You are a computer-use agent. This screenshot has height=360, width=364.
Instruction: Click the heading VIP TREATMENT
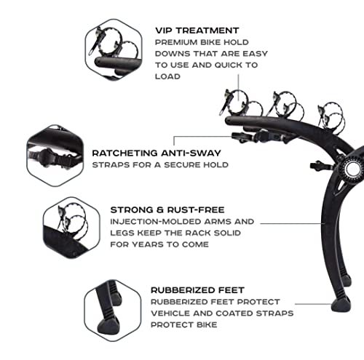coord(197,31)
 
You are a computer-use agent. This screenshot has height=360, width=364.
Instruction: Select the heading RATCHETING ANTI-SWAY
coord(157,153)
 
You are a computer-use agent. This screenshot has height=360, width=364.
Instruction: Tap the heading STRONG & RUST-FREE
coord(167,210)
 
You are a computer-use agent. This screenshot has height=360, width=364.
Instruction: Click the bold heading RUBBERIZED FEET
coord(197,290)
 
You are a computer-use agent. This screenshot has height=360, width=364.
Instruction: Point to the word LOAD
coord(167,76)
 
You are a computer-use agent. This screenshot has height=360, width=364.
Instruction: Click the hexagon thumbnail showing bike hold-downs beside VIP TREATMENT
coord(114,49)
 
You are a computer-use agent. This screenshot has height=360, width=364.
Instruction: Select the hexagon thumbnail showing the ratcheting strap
coord(55,156)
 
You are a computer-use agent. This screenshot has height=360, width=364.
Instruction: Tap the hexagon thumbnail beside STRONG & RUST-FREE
coord(71,228)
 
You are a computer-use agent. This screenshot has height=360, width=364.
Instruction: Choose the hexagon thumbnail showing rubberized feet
coord(113,311)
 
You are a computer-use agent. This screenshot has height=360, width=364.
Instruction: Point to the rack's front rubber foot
coord(341,305)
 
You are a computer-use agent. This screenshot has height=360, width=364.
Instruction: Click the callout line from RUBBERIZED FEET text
coord(314,304)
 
